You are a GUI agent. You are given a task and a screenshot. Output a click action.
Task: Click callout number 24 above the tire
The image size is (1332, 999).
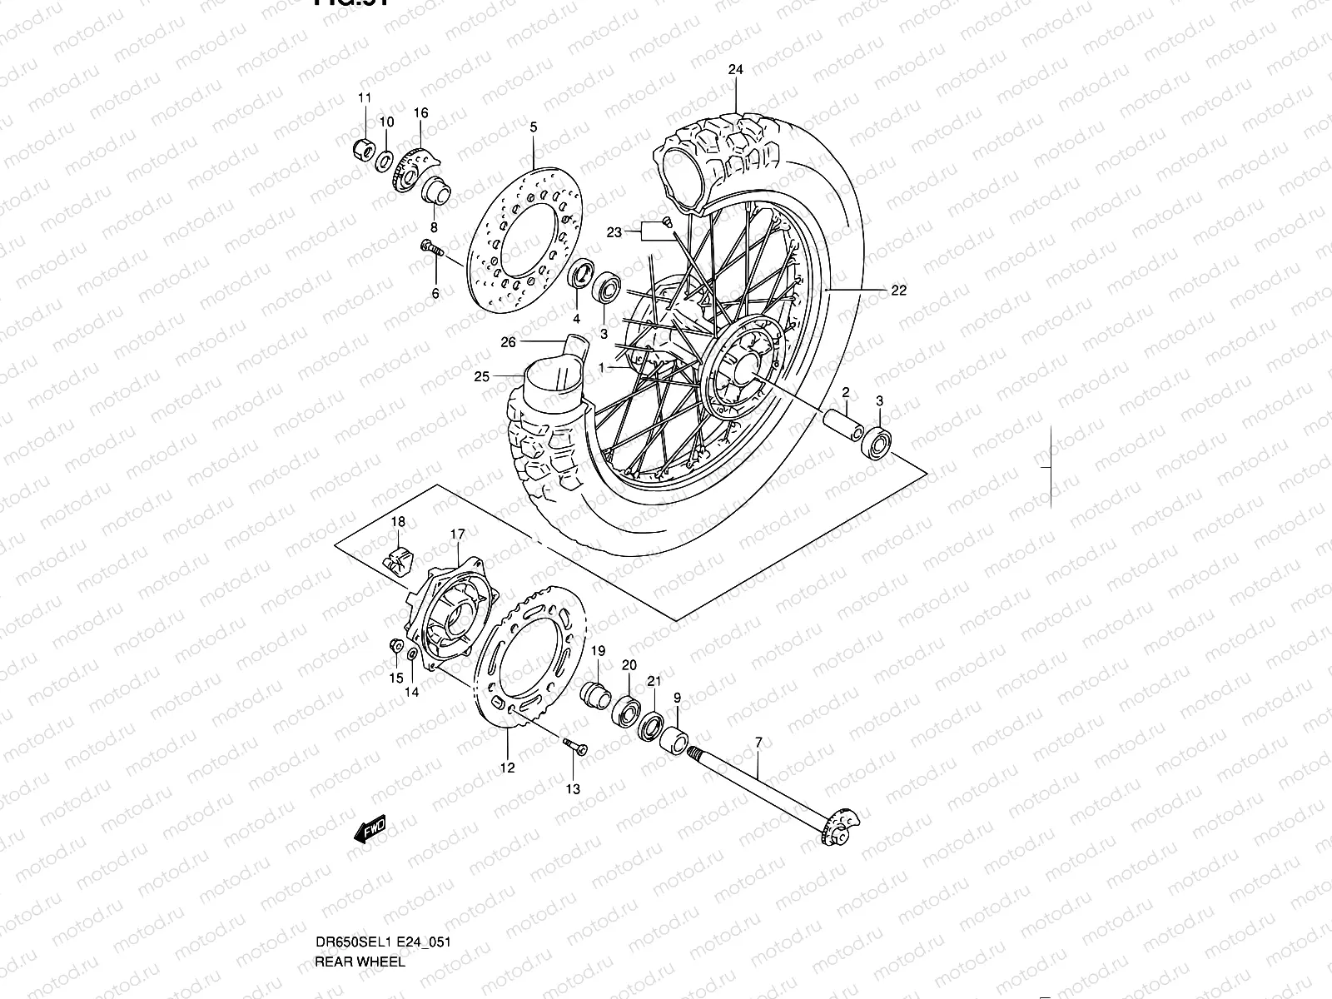735,70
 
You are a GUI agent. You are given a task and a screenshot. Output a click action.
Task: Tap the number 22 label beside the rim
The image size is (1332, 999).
898,291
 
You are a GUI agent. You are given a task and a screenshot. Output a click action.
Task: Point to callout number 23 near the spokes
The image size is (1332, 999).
614,233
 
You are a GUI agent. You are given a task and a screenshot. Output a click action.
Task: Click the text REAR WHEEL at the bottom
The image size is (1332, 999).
360,962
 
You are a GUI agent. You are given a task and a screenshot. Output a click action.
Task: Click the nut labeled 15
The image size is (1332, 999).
396,648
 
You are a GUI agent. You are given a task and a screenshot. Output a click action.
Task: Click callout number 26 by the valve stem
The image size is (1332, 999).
509,341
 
